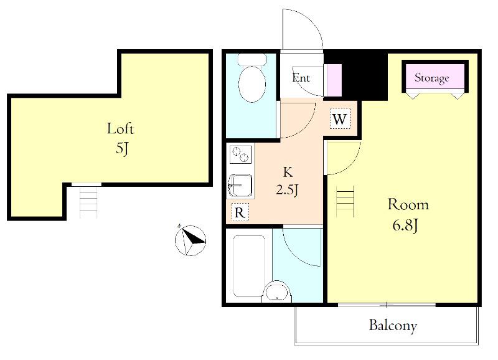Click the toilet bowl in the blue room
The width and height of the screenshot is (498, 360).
pos(252,84)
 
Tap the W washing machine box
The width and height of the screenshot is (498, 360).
pos(340,119)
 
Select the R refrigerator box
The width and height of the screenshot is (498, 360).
pos(240,212)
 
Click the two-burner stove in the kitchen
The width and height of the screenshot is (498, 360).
pos(240,154)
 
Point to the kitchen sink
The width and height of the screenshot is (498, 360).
pos(240,186)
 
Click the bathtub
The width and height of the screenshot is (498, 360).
pos(249,265)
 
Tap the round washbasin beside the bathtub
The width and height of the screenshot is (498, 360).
pos(276,291)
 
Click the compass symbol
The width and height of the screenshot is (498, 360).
pos(190,240)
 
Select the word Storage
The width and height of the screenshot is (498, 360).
pos(431,78)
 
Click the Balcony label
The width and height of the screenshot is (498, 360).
pos(393,326)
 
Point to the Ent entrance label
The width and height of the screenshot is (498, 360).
pos(301,77)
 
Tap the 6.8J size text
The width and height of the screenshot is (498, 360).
pos(405,225)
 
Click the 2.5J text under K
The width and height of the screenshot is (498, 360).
pos(287,190)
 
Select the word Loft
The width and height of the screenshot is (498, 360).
pos(121,129)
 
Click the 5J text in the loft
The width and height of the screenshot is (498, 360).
pos(121,148)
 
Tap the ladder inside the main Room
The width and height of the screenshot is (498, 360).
pos(345,201)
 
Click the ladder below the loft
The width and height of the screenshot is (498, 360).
pos(88,202)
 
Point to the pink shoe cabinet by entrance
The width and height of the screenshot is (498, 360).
pos(332,80)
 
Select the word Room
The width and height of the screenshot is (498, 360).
pos(408,205)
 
